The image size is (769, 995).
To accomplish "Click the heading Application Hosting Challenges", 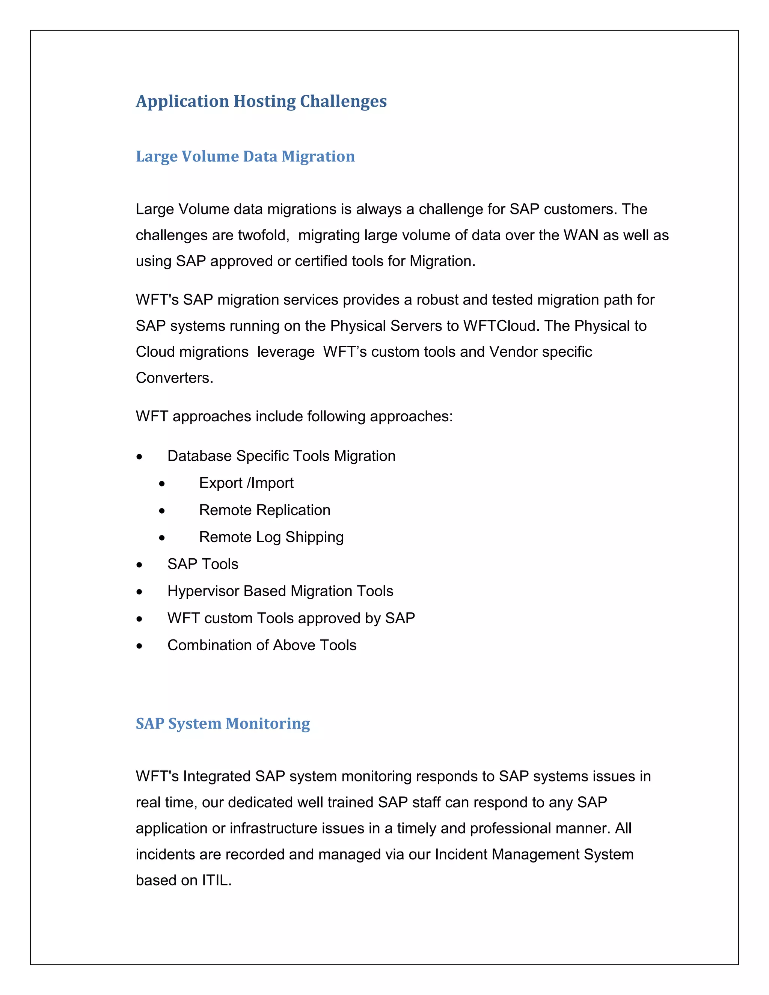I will coord(261,101).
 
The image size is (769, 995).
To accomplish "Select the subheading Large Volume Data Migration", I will coord(245,156).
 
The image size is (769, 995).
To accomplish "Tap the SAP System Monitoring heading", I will coord(222,724).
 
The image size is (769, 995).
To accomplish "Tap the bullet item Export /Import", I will coord(246,483).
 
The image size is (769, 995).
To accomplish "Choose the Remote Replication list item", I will coord(264,510).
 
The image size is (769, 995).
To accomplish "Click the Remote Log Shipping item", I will coord(271,537).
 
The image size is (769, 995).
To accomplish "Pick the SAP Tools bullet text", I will coord(203,564).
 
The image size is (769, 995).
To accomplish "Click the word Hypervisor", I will coord(203,591).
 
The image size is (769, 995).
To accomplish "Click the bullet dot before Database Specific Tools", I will coord(139,457).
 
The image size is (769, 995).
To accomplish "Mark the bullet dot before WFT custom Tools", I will coord(139,619).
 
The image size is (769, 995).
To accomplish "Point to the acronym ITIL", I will coord(216,880).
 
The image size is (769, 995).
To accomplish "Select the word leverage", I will coord(286,352).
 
